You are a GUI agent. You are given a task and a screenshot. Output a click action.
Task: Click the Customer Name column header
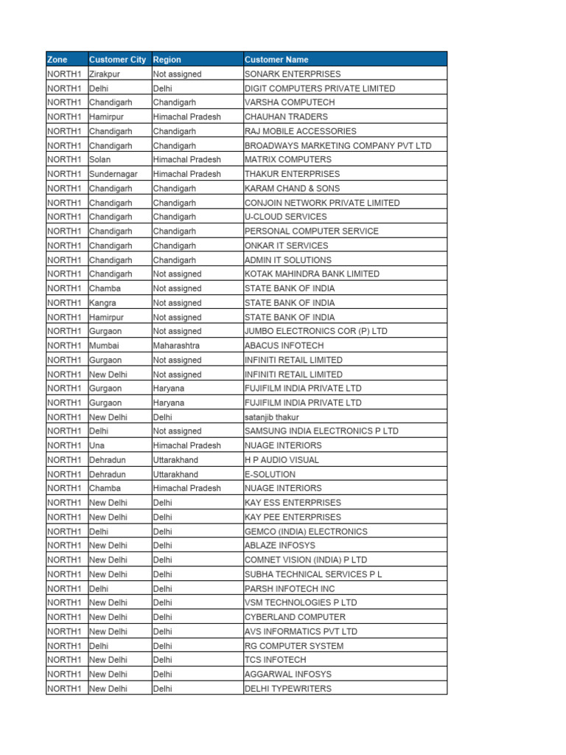[276, 60]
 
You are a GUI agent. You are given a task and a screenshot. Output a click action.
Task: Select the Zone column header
[57, 60]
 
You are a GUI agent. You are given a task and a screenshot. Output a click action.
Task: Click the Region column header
[167, 60]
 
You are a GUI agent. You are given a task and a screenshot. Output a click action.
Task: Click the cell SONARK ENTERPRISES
[293, 74]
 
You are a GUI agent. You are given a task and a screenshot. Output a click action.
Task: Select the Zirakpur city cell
[107, 74]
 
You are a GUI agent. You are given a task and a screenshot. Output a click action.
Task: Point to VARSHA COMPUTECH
[290, 102]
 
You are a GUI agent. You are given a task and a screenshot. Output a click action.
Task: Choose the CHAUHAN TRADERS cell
[286, 116]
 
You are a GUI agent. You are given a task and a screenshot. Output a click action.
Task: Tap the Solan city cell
[100, 159]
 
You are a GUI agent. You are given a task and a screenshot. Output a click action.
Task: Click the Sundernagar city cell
[111, 174]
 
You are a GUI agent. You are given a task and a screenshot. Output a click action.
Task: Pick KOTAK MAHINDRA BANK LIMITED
[312, 274]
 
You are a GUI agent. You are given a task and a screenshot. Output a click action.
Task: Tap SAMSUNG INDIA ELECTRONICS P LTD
[321, 431]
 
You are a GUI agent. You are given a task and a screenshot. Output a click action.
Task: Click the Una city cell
[97, 445]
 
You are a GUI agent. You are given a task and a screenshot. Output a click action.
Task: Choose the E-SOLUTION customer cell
[270, 474]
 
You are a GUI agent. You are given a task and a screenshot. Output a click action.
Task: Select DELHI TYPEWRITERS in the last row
[287, 689]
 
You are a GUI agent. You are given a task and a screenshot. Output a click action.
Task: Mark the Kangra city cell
[102, 302]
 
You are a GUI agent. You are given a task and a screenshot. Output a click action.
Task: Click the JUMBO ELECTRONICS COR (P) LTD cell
[315, 331]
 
